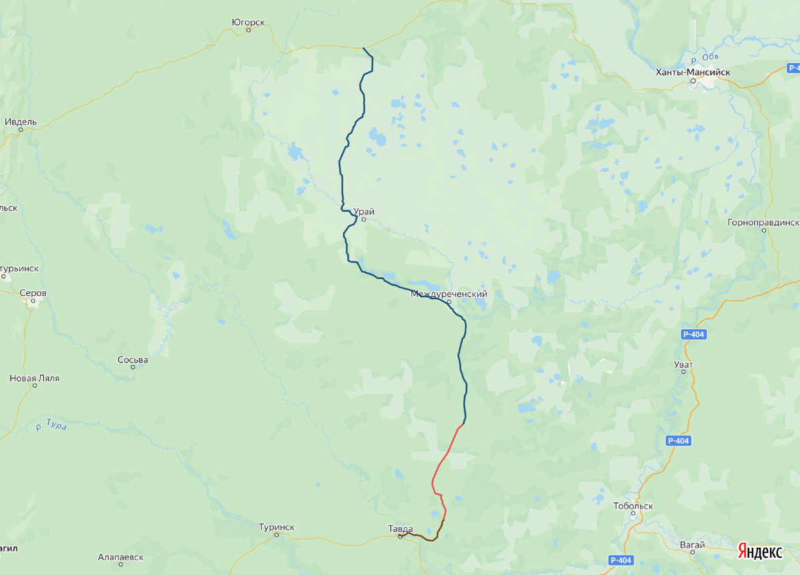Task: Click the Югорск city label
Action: (x=248, y=22)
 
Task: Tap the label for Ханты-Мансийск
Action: (x=693, y=72)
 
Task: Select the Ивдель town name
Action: (x=21, y=122)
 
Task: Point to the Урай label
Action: (x=364, y=211)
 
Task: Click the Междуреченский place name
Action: (x=449, y=294)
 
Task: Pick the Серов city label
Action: (x=33, y=292)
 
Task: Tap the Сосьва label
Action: (x=133, y=359)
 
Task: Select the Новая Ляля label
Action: (x=35, y=378)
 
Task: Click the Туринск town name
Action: (x=277, y=527)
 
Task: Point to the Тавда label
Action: (x=401, y=529)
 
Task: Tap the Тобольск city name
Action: (x=633, y=506)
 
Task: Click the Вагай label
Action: (x=693, y=544)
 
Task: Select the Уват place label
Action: (x=683, y=364)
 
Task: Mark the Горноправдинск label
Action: (x=764, y=222)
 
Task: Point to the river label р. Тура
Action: (x=51, y=425)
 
